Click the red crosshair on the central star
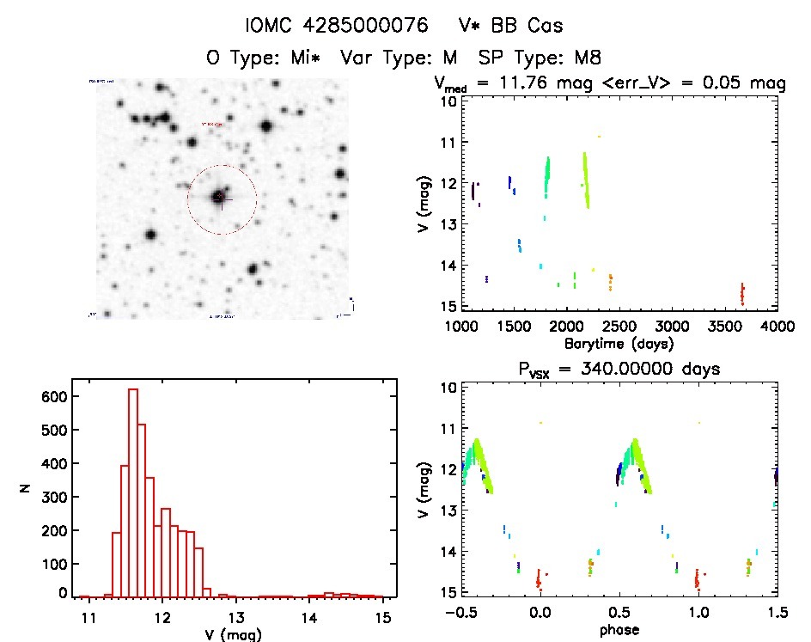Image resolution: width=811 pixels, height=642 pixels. (221, 198)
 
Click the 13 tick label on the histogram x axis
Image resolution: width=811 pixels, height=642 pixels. (235, 617)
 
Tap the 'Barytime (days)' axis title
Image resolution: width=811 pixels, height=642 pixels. (619, 344)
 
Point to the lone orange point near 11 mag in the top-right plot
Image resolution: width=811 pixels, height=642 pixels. (600, 137)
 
